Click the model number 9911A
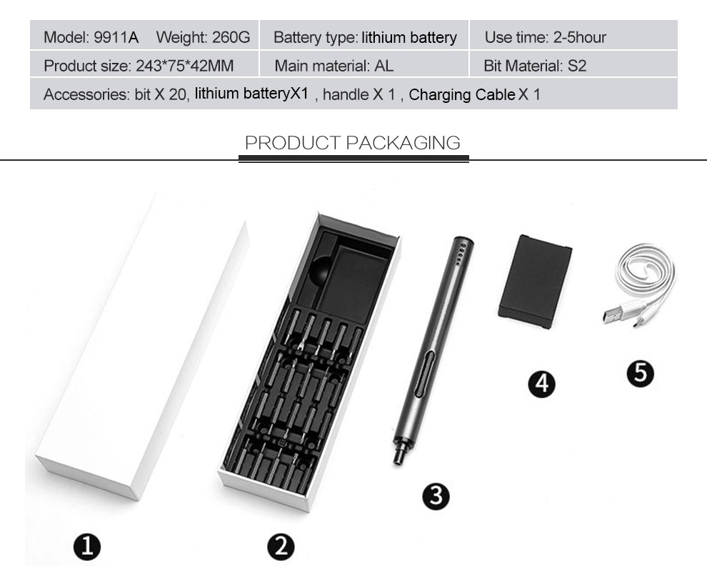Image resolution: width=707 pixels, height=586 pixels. tap(116, 37)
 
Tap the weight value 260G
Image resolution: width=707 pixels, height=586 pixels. tap(231, 37)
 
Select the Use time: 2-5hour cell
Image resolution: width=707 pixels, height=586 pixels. tap(573, 35)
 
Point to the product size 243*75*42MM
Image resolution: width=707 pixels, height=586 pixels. tap(184, 66)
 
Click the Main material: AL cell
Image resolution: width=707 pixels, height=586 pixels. tap(364, 64)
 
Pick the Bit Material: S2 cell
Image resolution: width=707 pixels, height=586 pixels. tap(573, 64)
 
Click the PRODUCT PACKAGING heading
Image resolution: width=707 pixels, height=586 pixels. tap(353, 142)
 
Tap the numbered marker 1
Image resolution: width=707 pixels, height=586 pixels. tap(87, 547)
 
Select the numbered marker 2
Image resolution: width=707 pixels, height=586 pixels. tap(281, 547)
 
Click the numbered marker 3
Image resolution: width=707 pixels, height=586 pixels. tap(436, 496)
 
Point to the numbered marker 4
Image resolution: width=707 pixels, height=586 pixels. tap(541, 384)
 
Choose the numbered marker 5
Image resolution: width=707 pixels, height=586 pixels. tap(641, 373)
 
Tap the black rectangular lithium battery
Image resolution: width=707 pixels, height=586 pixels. tap(536, 282)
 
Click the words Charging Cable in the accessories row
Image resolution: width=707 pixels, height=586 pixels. tap(462, 95)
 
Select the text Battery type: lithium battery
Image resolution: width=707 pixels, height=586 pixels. tap(365, 37)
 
